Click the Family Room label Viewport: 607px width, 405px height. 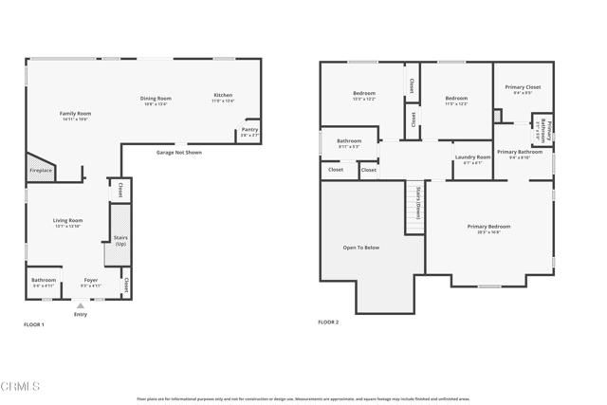pyautogui.click(x=75, y=113)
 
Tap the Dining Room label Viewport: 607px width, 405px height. pyautogui.click(x=156, y=98)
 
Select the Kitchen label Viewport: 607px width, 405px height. pyautogui.click(x=223, y=96)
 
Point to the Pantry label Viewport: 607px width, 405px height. pyautogui.click(x=249, y=129)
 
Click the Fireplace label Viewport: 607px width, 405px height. pyautogui.click(x=40, y=171)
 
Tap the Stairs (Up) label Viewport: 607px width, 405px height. pyautogui.click(x=120, y=241)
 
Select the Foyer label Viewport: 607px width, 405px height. pyautogui.click(x=91, y=280)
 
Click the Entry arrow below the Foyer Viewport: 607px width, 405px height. pyautogui.click(x=81, y=306)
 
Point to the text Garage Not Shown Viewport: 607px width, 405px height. pyautogui.click(x=179, y=152)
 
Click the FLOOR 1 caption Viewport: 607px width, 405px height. pyautogui.click(x=34, y=324)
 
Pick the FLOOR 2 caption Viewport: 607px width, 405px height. pyautogui.click(x=328, y=322)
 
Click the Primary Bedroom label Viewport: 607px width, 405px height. pyautogui.click(x=488, y=226)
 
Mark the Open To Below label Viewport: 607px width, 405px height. pyautogui.click(x=360, y=248)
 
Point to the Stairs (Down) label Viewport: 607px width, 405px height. pyautogui.click(x=416, y=201)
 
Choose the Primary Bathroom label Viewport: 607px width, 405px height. pyautogui.click(x=520, y=152)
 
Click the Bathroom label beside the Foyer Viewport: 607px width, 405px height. pyautogui.click(x=44, y=280)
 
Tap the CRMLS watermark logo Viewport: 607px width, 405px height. pyautogui.click(x=21, y=387)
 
